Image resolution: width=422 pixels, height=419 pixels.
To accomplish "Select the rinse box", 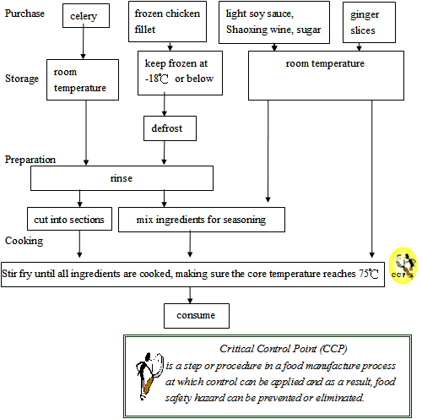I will click(122, 178).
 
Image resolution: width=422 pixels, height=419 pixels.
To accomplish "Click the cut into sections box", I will click(68, 220).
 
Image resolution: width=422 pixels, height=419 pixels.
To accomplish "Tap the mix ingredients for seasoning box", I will click(201, 220).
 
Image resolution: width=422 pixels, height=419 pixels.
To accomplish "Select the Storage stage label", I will click(22, 79).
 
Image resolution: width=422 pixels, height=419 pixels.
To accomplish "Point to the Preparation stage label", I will click(30, 159).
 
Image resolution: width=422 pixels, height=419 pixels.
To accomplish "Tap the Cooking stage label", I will click(23, 240).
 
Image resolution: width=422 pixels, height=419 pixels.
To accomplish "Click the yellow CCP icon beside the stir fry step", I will click(403, 266).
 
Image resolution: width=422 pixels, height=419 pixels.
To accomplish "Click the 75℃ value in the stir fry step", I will click(366, 275).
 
